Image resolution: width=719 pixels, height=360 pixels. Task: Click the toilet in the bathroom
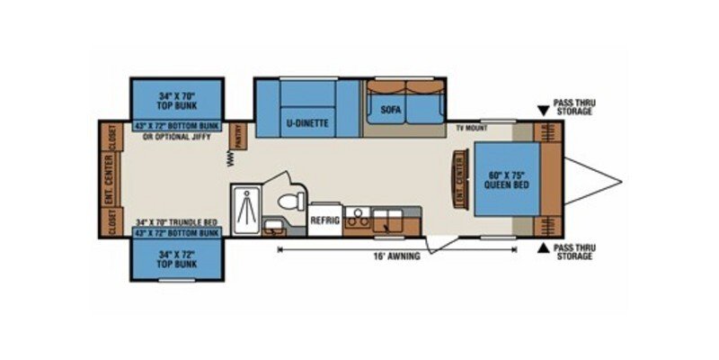point(288,201)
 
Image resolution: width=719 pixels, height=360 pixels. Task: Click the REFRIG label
point(324,219)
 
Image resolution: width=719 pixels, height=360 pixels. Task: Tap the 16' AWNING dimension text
point(395,256)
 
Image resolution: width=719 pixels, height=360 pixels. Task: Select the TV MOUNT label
point(470,130)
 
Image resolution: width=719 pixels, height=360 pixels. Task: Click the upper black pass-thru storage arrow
point(542,112)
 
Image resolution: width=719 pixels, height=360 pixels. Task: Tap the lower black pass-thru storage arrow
point(542,247)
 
